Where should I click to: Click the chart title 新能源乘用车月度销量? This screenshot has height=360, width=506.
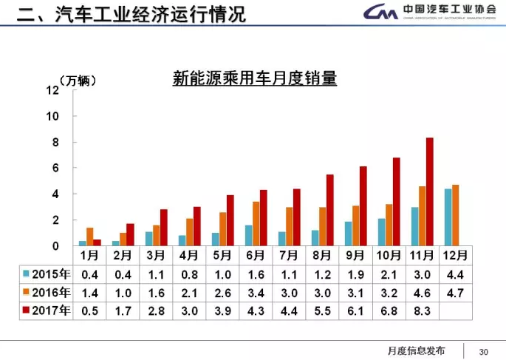point(254,78)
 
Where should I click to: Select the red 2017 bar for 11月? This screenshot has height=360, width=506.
point(429,191)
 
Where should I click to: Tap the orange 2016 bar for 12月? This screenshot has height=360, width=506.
point(455,215)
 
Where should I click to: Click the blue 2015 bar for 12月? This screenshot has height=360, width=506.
point(447,217)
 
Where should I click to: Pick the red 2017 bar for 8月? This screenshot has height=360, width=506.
point(329,210)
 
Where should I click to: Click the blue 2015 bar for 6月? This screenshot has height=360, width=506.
point(248,235)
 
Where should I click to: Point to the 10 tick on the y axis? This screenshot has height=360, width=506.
point(52,116)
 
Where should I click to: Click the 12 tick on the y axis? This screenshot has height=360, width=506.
point(52,90)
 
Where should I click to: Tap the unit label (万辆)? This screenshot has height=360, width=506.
point(77,80)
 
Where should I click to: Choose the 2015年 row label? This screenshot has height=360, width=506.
point(47,274)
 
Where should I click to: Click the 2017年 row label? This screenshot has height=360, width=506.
point(47,310)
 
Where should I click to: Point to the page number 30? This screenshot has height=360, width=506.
point(485,350)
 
